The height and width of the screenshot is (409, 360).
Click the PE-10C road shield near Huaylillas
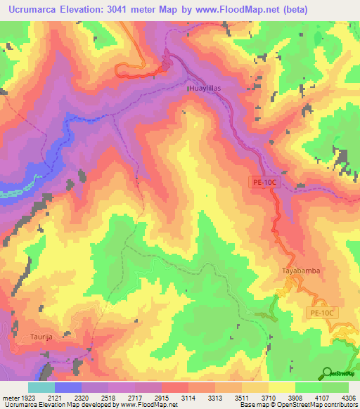pos(266,181)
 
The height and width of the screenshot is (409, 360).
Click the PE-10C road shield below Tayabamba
pos(322,312)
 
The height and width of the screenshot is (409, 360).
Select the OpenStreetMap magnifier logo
pos(328,373)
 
